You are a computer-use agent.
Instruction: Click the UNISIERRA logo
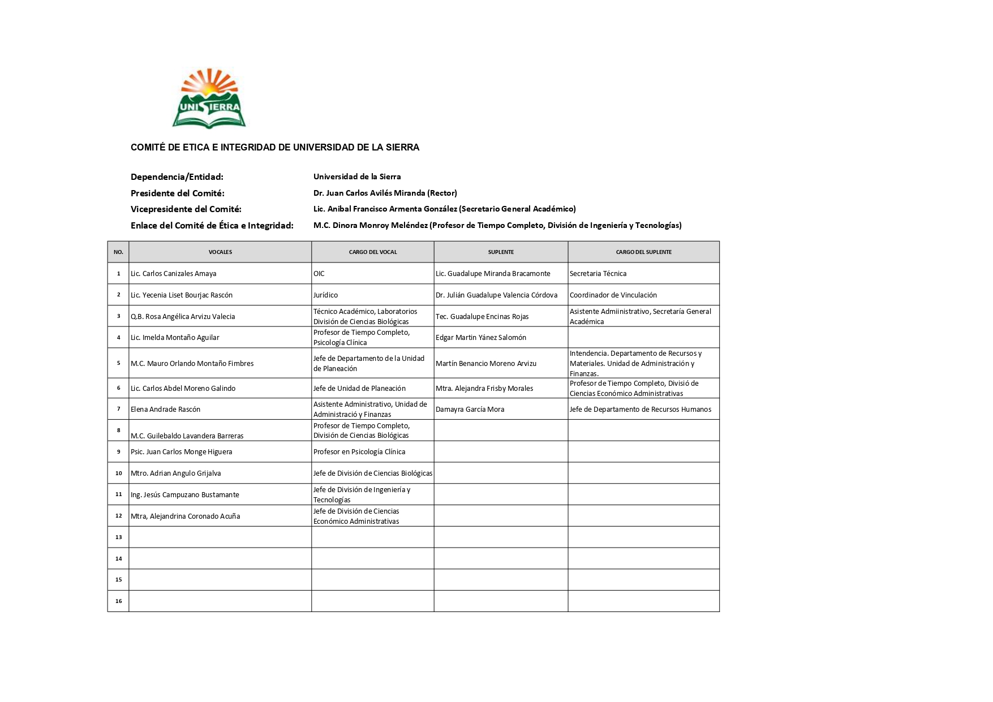coord(209,99)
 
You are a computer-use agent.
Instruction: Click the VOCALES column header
coord(220,252)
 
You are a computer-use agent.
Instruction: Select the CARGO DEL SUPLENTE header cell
coord(643,252)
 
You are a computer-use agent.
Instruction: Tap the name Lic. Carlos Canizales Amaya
coord(173,274)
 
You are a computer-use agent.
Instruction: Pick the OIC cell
coord(319,274)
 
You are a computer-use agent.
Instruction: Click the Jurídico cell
coord(325,295)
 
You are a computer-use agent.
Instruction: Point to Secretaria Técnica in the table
coord(597,274)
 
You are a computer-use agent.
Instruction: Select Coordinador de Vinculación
coord(613,295)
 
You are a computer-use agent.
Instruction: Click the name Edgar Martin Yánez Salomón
coord(480,338)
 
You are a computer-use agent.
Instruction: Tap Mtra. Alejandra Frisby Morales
coord(484,389)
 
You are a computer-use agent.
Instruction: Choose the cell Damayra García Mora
coord(470,410)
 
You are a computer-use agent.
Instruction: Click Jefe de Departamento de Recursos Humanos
coord(640,410)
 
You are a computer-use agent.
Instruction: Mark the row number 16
coord(118,601)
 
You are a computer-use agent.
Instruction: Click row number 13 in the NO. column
coord(118,537)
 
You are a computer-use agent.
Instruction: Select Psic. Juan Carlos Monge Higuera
coord(181,452)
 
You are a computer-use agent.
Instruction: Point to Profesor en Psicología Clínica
coord(359,452)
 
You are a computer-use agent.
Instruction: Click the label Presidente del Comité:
coord(177,193)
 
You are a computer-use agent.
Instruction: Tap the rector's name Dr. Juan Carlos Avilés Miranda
coord(368,193)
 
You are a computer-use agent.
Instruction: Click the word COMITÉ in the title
coord(148,148)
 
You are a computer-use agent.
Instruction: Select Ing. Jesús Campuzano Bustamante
coord(184,495)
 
